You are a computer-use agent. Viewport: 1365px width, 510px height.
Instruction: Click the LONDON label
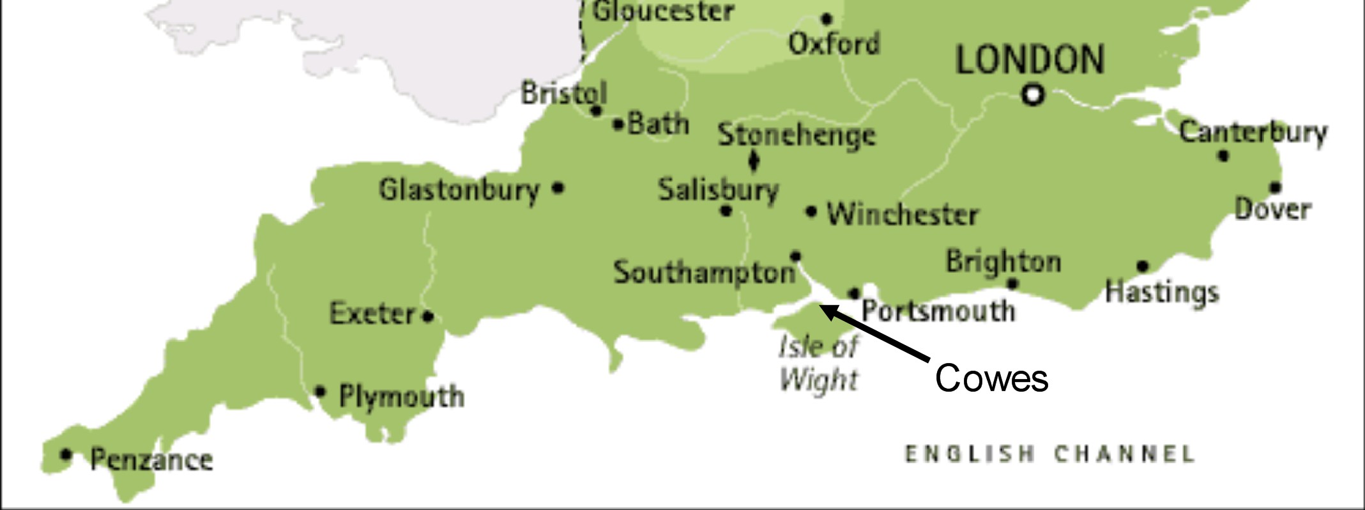coord(1030,59)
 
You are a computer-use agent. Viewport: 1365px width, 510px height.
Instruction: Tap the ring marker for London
coord(1033,95)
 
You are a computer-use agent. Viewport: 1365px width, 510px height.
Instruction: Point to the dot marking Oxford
coord(827,19)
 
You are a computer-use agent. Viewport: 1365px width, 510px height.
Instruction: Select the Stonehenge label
coord(797,135)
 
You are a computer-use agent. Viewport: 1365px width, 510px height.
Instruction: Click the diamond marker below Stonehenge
coord(754,160)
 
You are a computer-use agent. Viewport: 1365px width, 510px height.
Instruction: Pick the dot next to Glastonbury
coord(558,188)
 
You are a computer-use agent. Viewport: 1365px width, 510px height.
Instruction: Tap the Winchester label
coord(903,214)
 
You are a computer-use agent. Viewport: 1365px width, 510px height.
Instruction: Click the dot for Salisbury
coord(726,210)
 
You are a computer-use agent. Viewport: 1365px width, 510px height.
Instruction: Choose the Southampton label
coord(704,273)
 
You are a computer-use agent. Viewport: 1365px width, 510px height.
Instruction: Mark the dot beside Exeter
coord(428,316)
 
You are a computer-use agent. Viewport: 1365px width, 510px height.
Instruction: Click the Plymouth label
coord(401,396)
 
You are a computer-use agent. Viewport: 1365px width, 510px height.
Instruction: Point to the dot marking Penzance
coord(65,455)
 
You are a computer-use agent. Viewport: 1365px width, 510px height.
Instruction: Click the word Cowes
coord(991,378)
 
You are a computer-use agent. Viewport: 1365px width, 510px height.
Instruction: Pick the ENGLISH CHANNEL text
coord(1049,454)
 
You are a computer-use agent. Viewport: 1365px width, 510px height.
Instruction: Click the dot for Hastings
coord(1143,267)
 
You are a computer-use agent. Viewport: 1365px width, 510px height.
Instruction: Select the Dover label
coord(1272,210)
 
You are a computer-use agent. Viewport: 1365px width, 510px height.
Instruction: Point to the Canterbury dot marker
coord(1223,155)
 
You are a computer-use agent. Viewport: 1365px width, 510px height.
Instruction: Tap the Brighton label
coord(1003,261)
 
